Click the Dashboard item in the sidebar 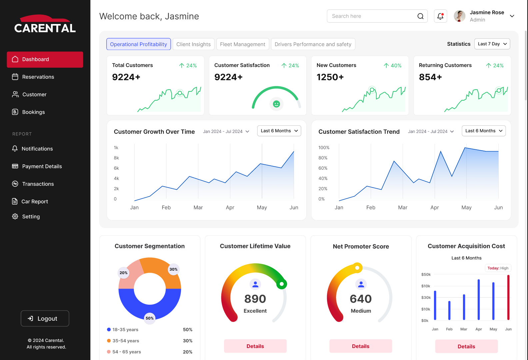click(45, 59)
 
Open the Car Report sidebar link click(35, 201)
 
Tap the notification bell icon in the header click(440, 16)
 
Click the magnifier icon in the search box click(420, 16)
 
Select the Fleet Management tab click(242, 44)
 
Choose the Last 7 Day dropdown click(492, 44)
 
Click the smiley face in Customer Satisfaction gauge click(276, 104)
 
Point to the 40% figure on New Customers click(396, 66)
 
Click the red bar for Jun click(508, 297)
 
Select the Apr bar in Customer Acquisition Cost click(479, 299)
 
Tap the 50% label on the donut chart click(150, 318)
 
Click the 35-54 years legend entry click(126, 341)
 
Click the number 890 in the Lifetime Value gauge click(255, 299)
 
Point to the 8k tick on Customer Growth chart click(116, 158)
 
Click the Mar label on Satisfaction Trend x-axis click(403, 207)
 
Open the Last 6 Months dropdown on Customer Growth click(279, 131)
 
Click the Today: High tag click(498, 268)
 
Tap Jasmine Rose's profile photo click(460, 16)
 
